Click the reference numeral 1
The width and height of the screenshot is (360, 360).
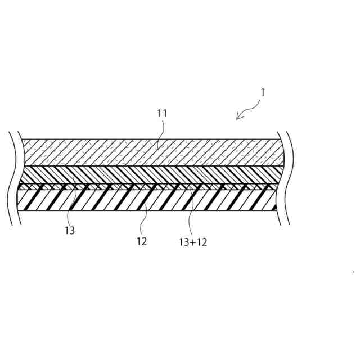coord(262,92)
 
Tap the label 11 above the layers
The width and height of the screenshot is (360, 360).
coord(162,114)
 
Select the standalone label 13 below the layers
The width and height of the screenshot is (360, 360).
coord(70,230)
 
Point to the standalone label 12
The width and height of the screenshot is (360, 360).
coord(141,241)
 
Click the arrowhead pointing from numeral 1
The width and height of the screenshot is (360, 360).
coord(238,116)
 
